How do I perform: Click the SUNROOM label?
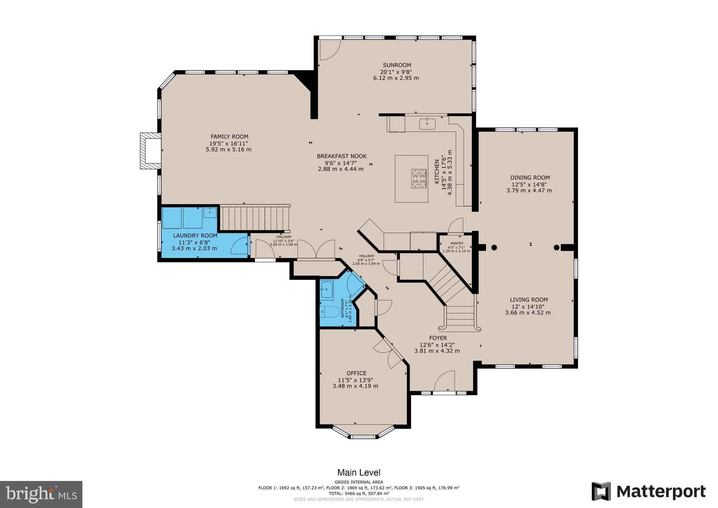point(397,65)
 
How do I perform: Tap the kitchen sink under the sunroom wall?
point(427,123)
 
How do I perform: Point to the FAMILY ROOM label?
point(229,136)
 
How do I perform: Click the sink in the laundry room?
point(210,212)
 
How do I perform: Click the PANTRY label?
point(457,243)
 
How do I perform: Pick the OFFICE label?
point(356,373)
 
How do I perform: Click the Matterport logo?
point(649,491)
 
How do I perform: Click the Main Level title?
point(359,473)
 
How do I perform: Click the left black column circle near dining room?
point(494,247)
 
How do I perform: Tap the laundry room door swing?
point(240,246)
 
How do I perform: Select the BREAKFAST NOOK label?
point(341,156)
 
